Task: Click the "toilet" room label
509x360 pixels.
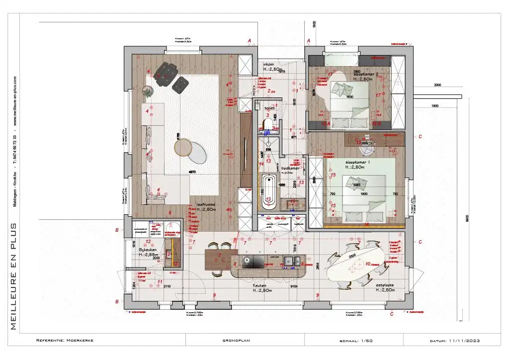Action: pos(269,107)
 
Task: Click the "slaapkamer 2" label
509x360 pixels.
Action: pos(365,74)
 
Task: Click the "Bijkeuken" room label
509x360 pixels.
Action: pos(148,250)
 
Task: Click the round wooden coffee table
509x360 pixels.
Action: pos(183,147)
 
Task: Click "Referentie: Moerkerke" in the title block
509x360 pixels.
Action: pos(65,341)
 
